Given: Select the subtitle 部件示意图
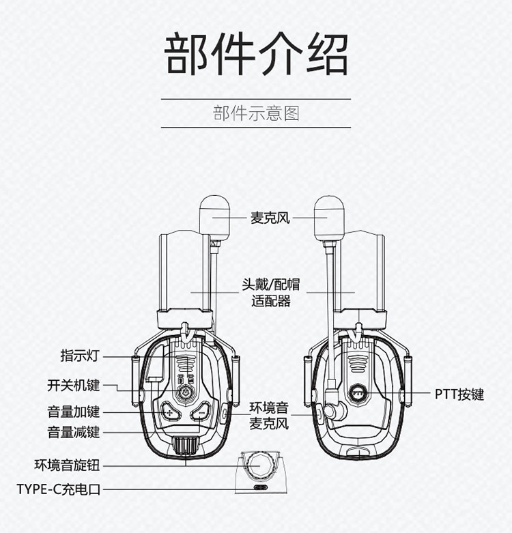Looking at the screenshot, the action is pos(256,113).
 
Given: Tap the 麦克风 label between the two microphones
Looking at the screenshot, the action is pos(270,218).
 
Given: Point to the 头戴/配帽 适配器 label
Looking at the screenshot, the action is pos(270,293).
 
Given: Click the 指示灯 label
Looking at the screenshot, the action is pos(80,356).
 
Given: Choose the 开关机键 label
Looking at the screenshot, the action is pos(73,386).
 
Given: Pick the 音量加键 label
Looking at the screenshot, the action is pos(73,412).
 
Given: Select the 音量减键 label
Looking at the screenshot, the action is pos(73,432).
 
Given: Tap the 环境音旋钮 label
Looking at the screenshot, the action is pos(67,465).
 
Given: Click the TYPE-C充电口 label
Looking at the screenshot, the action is pos(59,489).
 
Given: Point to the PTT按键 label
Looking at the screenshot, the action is pos(459,394).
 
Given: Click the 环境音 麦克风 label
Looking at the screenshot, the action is pos(269,416).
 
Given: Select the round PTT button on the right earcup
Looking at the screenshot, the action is pos(358,393).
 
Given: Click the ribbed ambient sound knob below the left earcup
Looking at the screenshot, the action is pos(186,444).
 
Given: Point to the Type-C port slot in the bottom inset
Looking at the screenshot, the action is pos(261,487).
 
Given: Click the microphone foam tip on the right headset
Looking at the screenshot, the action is pos(329,218).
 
